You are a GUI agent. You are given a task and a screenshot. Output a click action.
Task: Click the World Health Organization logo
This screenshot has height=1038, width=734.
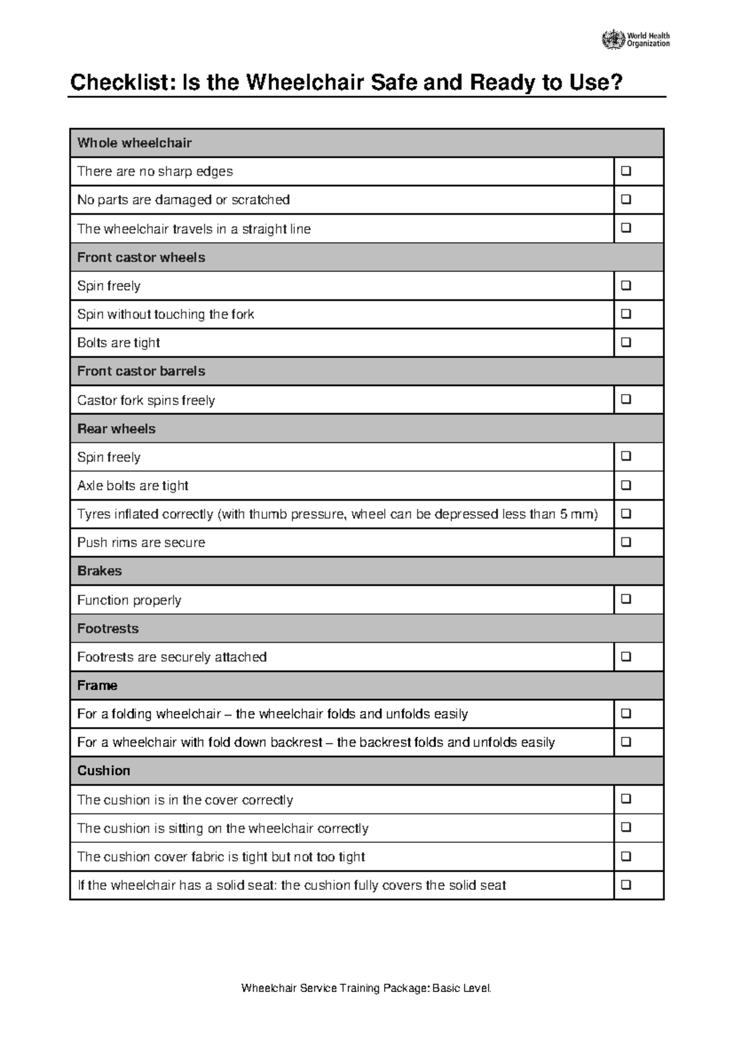point(636,40)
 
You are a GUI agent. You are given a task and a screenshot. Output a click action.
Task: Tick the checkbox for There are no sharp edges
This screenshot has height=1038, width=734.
point(626,171)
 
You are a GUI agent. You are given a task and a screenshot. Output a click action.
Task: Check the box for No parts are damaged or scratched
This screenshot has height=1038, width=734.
point(626,200)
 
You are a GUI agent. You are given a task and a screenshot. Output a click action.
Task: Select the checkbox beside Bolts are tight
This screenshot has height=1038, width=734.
point(626,343)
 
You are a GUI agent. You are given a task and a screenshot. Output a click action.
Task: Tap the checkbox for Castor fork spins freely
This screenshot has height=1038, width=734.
point(626,400)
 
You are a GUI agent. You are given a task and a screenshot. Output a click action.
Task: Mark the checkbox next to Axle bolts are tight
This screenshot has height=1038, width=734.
point(626,485)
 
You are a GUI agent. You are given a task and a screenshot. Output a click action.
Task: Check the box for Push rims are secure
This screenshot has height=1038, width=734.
point(626,542)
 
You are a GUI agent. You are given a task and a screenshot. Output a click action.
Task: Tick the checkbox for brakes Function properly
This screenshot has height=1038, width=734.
point(626,599)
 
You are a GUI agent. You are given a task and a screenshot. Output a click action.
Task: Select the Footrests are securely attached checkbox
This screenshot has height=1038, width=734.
point(626,657)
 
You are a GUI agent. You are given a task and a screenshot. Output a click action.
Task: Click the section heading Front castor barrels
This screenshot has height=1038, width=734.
point(141,372)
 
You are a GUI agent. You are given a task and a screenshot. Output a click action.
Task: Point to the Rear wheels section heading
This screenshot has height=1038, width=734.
point(116,429)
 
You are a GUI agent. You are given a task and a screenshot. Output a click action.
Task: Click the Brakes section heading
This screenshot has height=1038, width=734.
point(99,571)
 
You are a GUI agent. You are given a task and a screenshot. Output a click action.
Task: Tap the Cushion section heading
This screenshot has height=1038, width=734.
point(103,771)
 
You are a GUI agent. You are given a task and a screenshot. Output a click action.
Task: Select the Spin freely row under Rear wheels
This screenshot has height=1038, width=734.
point(109,457)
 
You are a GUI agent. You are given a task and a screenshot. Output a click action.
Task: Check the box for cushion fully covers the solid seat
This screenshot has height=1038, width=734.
point(626,885)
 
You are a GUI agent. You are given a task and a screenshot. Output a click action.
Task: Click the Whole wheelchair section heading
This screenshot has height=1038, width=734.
point(134,143)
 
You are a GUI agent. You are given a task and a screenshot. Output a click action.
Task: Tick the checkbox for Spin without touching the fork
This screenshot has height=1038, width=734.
point(626,314)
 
